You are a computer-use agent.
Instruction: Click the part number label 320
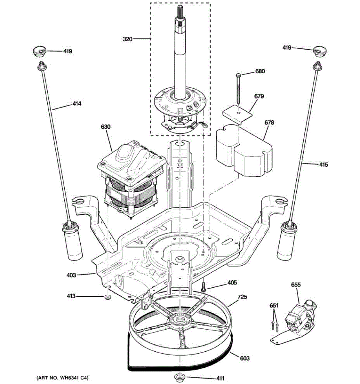(127, 39)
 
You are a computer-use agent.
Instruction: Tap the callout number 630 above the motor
(106, 127)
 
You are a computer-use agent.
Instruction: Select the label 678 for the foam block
(269, 122)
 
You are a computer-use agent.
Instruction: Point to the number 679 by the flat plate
(259, 96)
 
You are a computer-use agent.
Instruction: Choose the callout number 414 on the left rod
(77, 104)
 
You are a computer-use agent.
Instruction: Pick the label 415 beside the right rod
(324, 164)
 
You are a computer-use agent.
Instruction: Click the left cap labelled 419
(39, 52)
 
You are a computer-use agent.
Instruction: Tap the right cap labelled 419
(319, 52)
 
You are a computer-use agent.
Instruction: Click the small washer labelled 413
(108, 297)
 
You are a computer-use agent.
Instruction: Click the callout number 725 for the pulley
(242, 297)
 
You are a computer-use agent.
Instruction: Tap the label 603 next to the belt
(245, 358)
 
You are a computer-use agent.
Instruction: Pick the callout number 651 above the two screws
(274, 306)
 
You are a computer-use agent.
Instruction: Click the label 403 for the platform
(71, 275)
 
